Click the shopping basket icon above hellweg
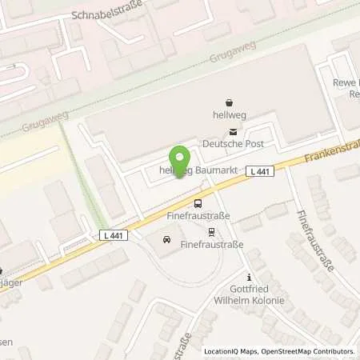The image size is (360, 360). (x=230, y=102)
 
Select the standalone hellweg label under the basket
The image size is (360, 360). (x=230, y=116)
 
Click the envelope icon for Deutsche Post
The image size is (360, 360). (x=233, y=132)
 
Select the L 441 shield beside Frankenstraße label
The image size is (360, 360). (x=258, y=170)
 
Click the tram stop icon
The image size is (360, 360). (x=211, y=233)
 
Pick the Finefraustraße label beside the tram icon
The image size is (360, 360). (x=211, y=245)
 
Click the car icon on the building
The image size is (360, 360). (x=166, y=239)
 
